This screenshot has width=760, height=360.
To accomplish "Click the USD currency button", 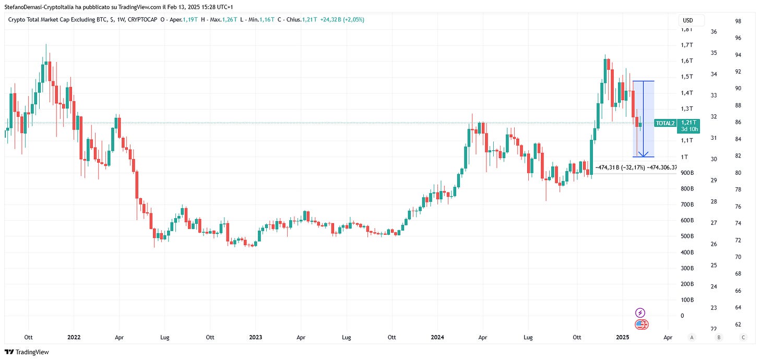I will coord(688,20).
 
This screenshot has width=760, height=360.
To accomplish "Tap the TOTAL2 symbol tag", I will coord(665,123).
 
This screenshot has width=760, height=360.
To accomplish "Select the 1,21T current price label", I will coord(689,122).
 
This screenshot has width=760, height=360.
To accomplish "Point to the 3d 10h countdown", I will coord(689,128).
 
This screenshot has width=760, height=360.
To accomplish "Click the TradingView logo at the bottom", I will coord(27,352).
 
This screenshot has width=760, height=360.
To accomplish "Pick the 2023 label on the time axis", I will coord(256,338).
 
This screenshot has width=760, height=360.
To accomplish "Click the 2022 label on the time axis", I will coord(74,338).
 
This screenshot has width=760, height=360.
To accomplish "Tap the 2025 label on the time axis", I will coord(622,338).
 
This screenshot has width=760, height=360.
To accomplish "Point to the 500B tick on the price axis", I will coord(686,236).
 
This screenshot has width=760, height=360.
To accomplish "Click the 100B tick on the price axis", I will coord(686,299).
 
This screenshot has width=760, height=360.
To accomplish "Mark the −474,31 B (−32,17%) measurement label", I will coord(620,167).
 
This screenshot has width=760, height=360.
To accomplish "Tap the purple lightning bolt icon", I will coord(640,313).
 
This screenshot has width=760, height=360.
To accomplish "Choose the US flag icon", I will coord(642,325).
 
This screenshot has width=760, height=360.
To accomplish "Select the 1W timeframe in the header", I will coord(121,20).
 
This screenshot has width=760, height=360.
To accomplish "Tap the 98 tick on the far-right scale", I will coord(738,21).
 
